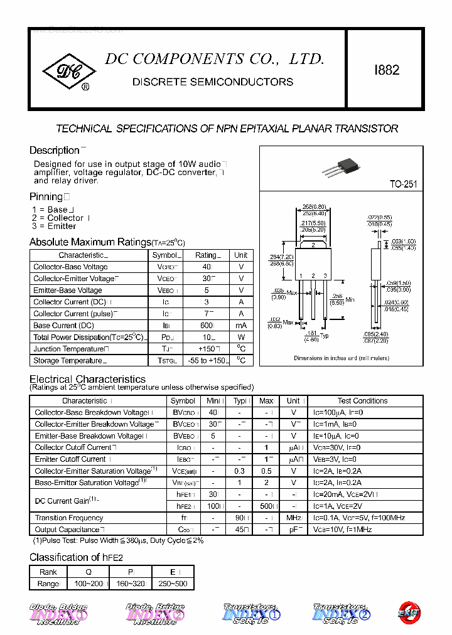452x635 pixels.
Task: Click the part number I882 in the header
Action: click(x=387, y=70)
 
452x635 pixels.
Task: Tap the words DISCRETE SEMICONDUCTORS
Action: click(x=213, y=82)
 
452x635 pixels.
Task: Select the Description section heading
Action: click(x=55, y=151)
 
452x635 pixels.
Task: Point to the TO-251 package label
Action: click(x=403, y=184)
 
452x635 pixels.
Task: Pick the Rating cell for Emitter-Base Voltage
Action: click(x=207, y=291)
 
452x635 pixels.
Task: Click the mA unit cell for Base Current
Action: click(x=241, y=326)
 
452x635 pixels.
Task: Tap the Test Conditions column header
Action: click(x=362, y=401)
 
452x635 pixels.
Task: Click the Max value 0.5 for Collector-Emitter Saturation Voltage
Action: click(x=266, y=471)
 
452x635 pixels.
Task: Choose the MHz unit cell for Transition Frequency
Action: click(x=293, y=518)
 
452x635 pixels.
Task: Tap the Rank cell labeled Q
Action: click(x=88, y=572)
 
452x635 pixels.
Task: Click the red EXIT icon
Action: click(x=409, y=612)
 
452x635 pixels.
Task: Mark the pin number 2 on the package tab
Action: click(x=313, y=245)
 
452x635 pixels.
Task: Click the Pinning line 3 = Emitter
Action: click(x=54, y=227)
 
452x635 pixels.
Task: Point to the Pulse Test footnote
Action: click(x=118, y=541)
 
